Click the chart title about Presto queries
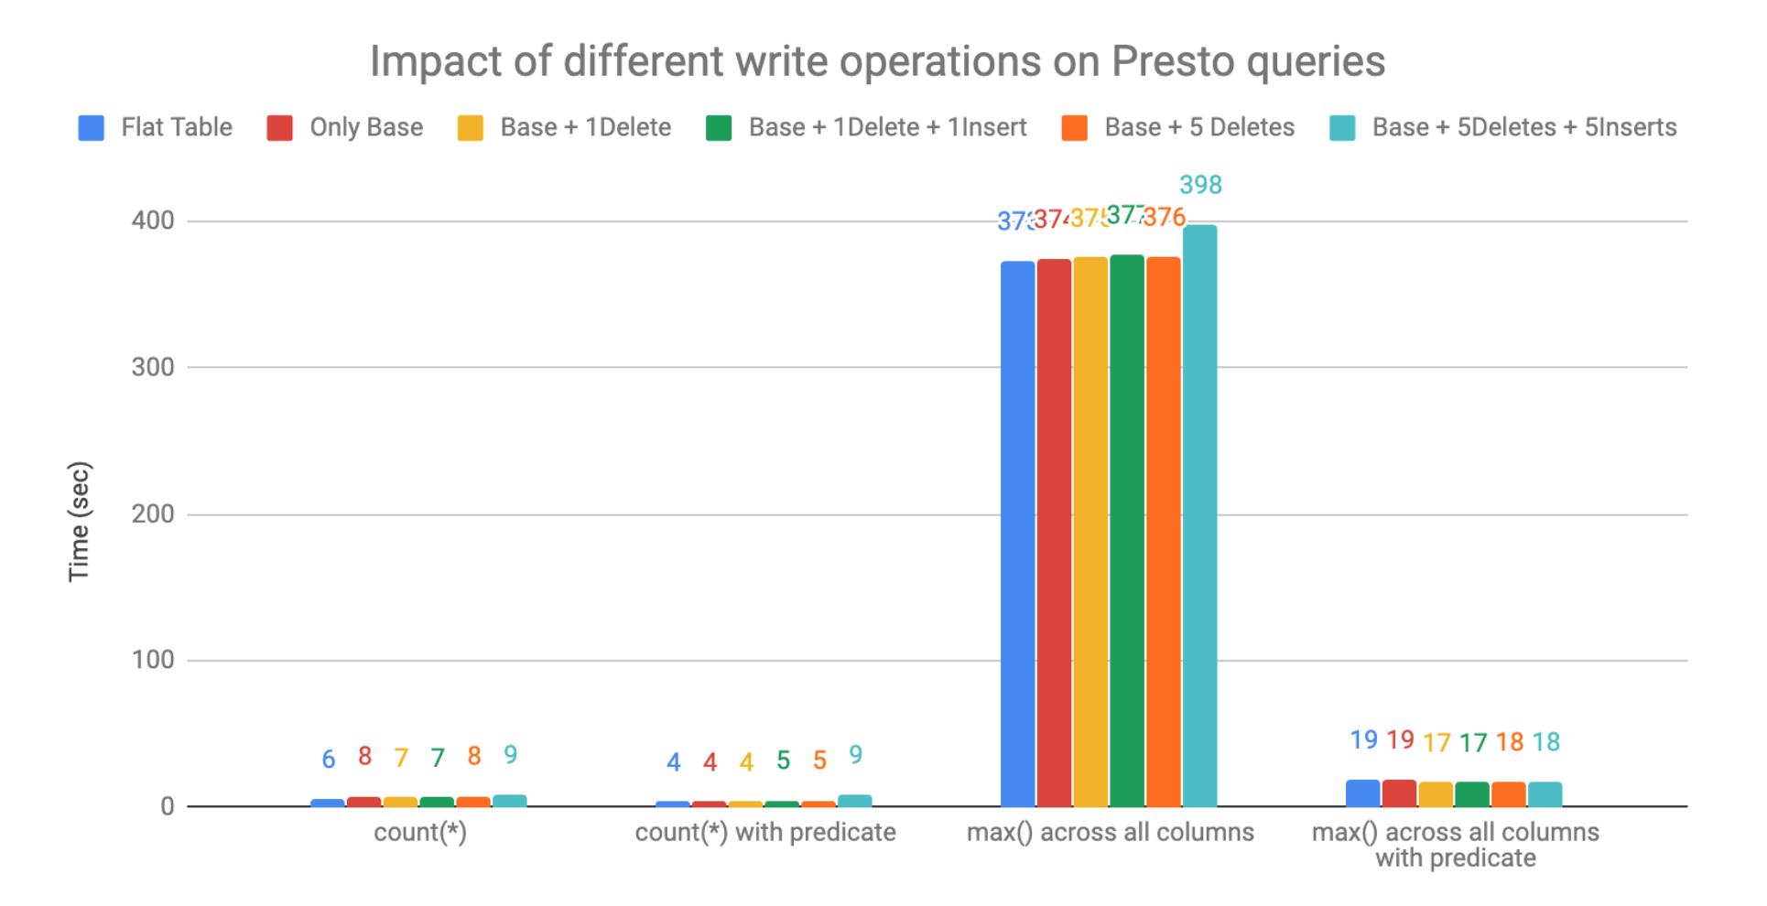[877, 62]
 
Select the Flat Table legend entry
[157, 127]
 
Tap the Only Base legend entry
[346, 127]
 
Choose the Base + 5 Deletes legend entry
[1179, 127]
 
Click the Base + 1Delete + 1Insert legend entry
[867, 127]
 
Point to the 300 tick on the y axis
[153, 367]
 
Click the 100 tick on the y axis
[153, 660]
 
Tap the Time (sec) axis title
[80, 522]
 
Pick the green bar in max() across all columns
[1127, 531]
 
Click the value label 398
[1200, 185]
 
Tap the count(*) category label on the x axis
[420, 833]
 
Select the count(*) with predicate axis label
[765, 833]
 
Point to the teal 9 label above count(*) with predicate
[855, 755]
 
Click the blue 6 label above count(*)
[329, 759]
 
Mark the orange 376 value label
[1165, 217]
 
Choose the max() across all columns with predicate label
[1455, 845]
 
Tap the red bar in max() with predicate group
[1399, 793]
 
